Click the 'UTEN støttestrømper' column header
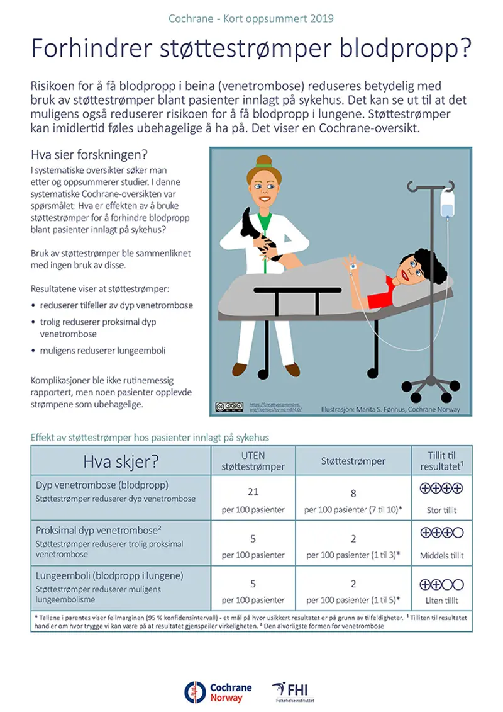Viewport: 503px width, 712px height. tap(253, 461)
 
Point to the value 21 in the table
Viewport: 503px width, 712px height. tap(253, 492)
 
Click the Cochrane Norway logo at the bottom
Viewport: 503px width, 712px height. tap(214, 691)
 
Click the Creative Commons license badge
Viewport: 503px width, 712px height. tap(228, 406)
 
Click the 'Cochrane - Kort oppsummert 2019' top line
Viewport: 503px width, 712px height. tap(251, 18)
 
